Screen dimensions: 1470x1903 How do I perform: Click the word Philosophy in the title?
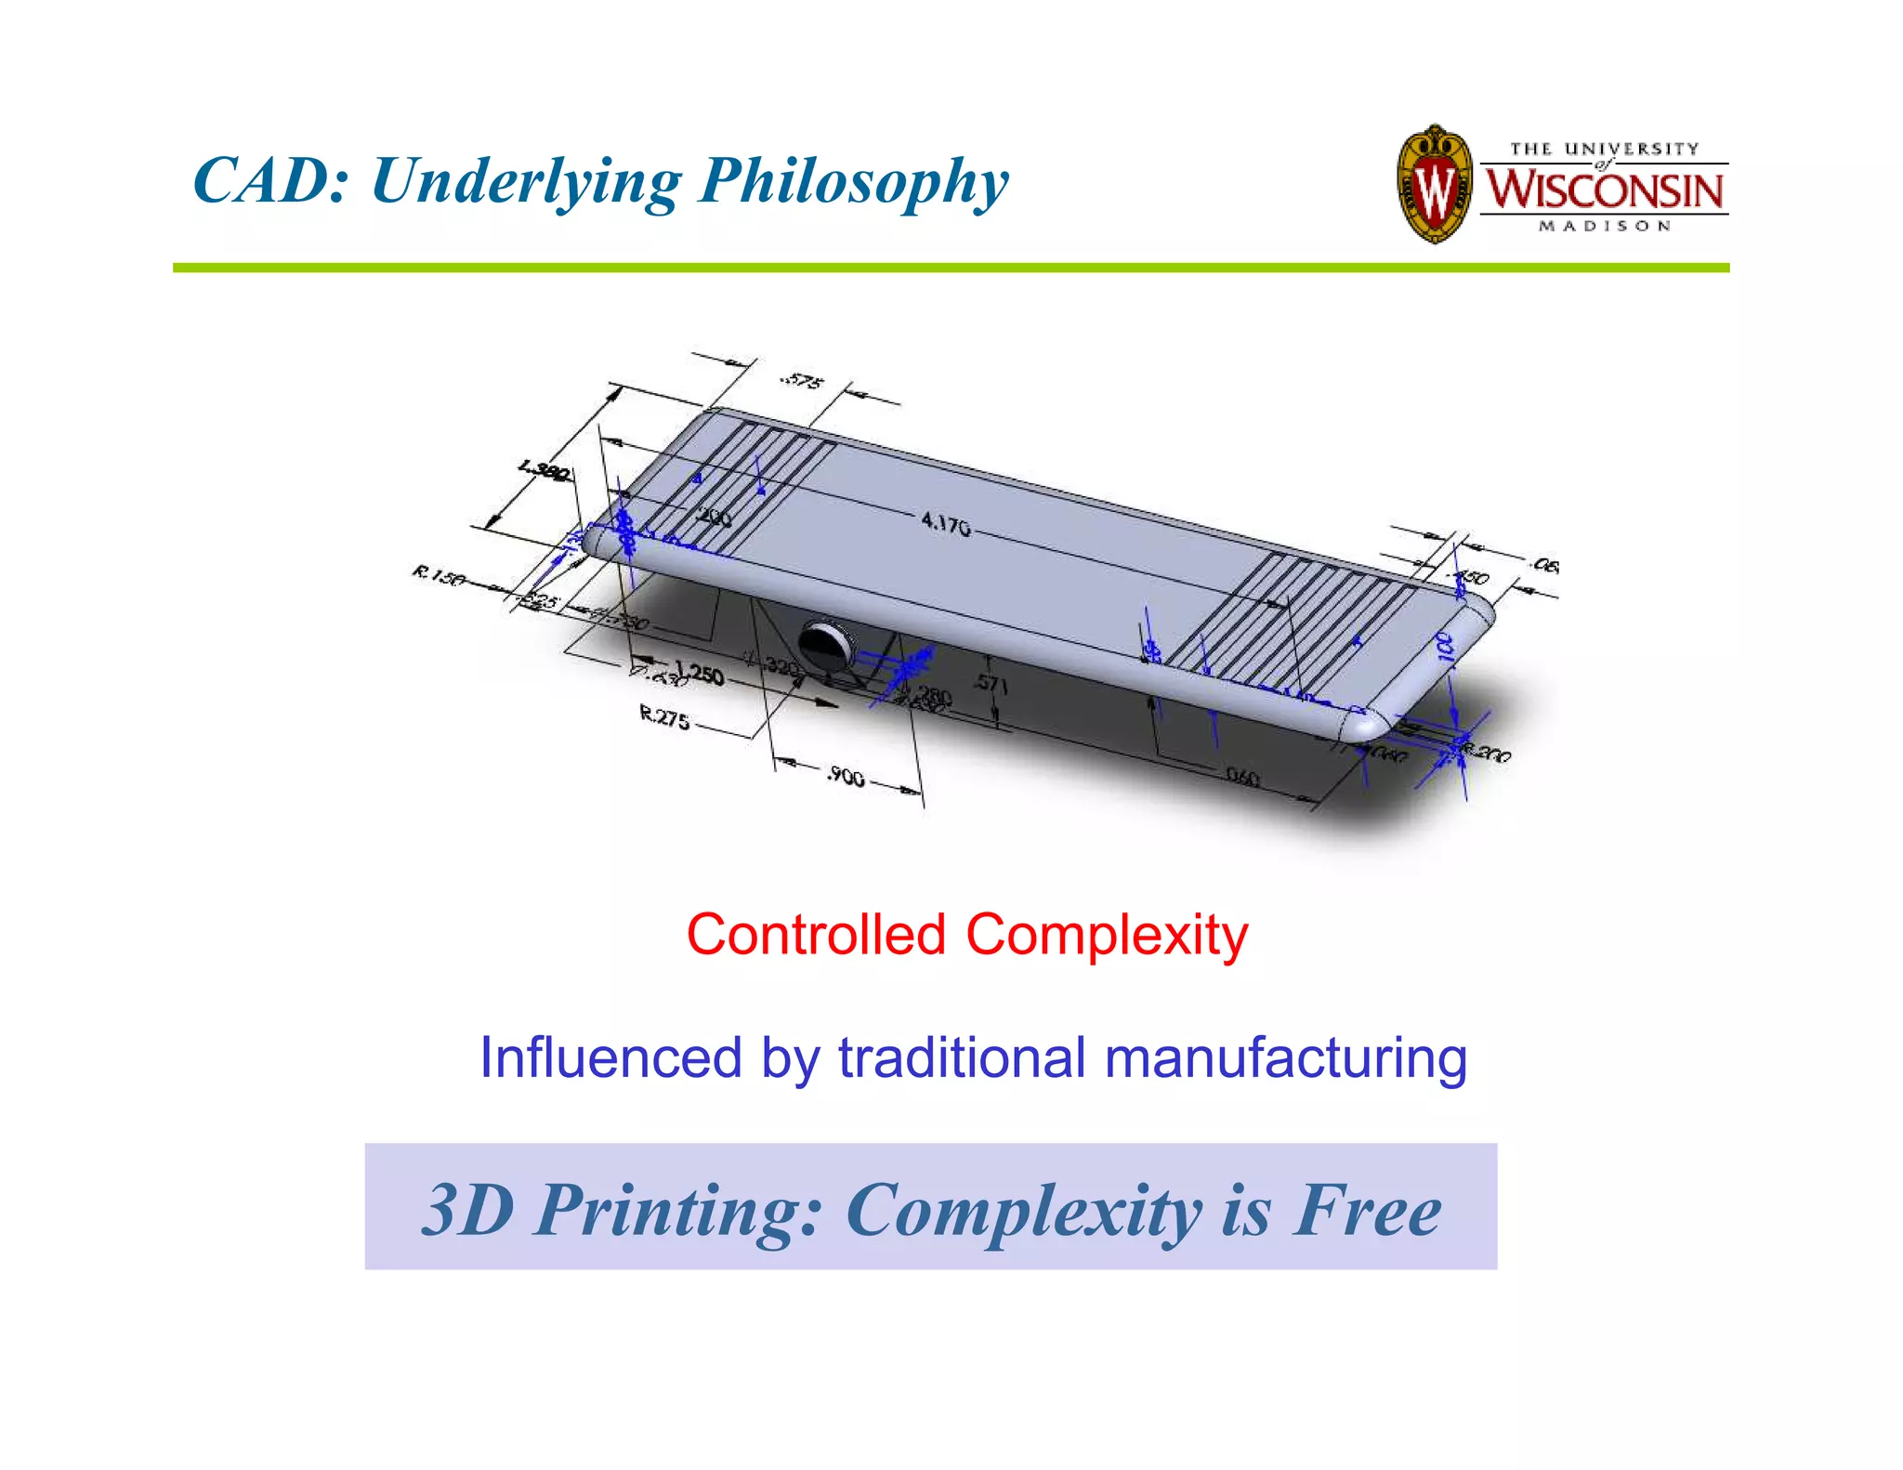pyautogui.click(x=853, y=182)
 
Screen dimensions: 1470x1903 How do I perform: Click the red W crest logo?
pyautogui.click(x=1435, y=185)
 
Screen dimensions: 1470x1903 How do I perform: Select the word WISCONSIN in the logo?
pyautogui.click(x=1604, y=190)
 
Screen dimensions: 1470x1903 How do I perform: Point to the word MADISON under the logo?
pyautogui.click(x=1604, y=226)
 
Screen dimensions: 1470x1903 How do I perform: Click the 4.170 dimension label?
pyautogui.click(x=945, y=524)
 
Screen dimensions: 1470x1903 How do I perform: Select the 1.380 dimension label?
pyautogui.click(x=545, y=471)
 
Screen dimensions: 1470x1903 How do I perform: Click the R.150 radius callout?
pyautogui.click(x=439, y=577)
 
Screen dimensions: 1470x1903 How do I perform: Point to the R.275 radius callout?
pyautogui.click(x=664, y=716)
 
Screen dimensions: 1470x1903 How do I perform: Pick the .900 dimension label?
pyautogui.click(x=846, y=775)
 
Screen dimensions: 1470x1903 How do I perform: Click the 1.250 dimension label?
pyautogui.click(x=699, y=673)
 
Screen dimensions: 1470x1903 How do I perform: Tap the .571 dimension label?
pyautogui.click(x=990, y=684)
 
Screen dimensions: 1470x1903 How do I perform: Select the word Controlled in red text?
pyautogui.click(x=816, y=934)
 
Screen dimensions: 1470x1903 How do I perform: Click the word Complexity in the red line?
pyautogui.click(x=1107, y=936)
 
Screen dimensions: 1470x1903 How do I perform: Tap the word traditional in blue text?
pyautogui.click(x=962, y=1057)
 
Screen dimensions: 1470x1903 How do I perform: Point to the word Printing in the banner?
pyautogui.click(x=677, y=1212)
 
